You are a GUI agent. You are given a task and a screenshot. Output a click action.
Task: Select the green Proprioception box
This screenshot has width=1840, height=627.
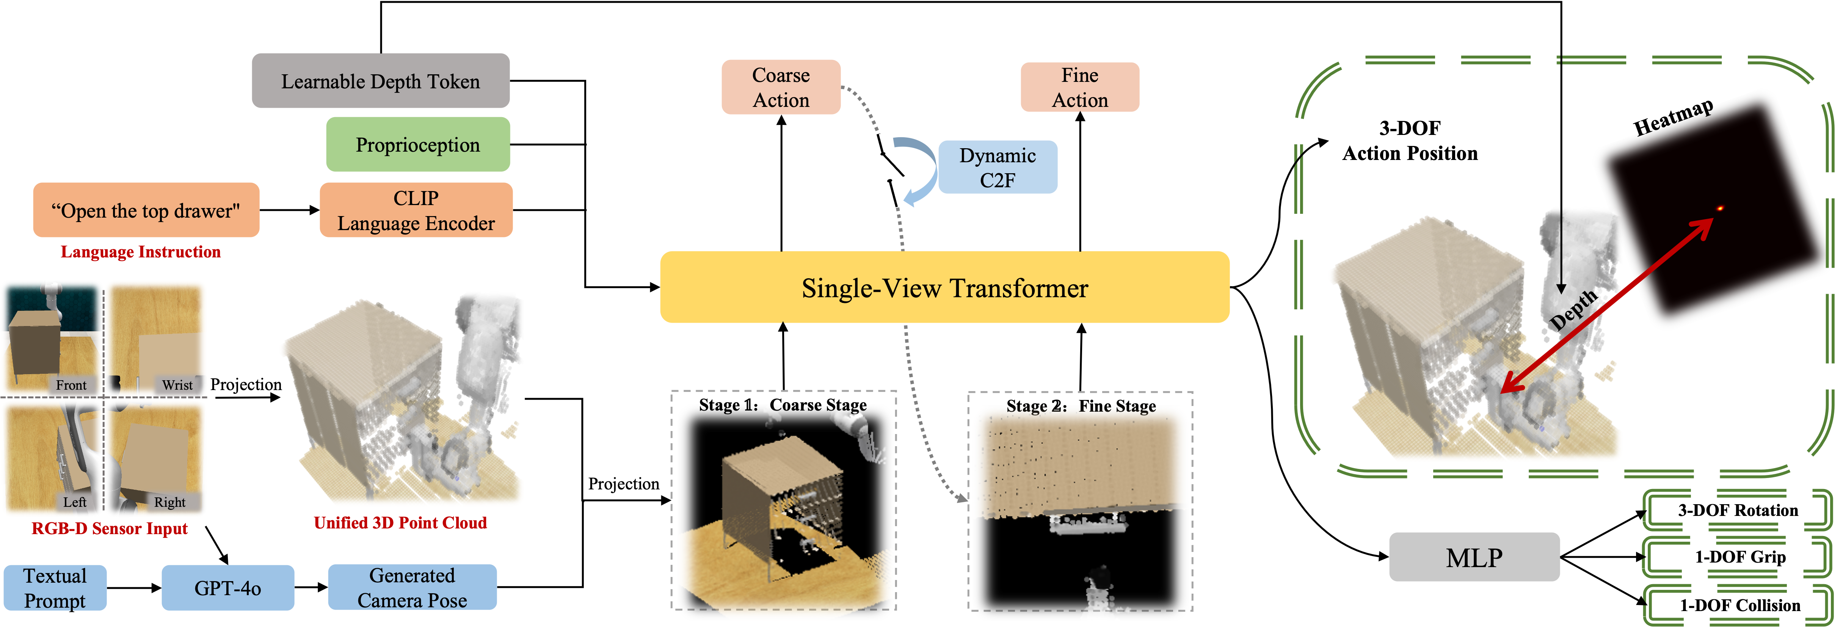pyautogui.click(x=418, y=144)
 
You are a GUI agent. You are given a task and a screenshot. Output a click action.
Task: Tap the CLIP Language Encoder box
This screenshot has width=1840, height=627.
pyautogui.click(x=416, y=210)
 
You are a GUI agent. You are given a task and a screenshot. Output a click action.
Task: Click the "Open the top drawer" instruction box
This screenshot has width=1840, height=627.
pyautogui.click(x=146, y=210)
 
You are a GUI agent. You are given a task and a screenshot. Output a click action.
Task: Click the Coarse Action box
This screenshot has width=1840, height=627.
pyautogui.click(x=781, y=87)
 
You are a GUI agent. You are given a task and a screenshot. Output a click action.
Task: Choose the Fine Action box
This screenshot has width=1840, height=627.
pyautogui.click(x=1079, y=87)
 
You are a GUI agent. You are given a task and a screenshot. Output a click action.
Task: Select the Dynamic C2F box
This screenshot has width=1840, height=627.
pyautogui.click(x=997, y=167)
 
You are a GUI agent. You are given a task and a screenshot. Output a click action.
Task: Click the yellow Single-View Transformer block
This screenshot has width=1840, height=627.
pyautogui.click(x=944, y=287)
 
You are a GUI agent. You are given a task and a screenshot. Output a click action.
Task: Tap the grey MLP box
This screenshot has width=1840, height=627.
pyautogui.click(x=1474, y=557)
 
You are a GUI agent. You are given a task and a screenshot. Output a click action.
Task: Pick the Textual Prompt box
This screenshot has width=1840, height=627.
pyautogui.click(x=55, y=588)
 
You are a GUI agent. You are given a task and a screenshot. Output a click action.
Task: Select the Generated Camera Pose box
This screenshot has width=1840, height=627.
pyautogui.click(x=412, y=588)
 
